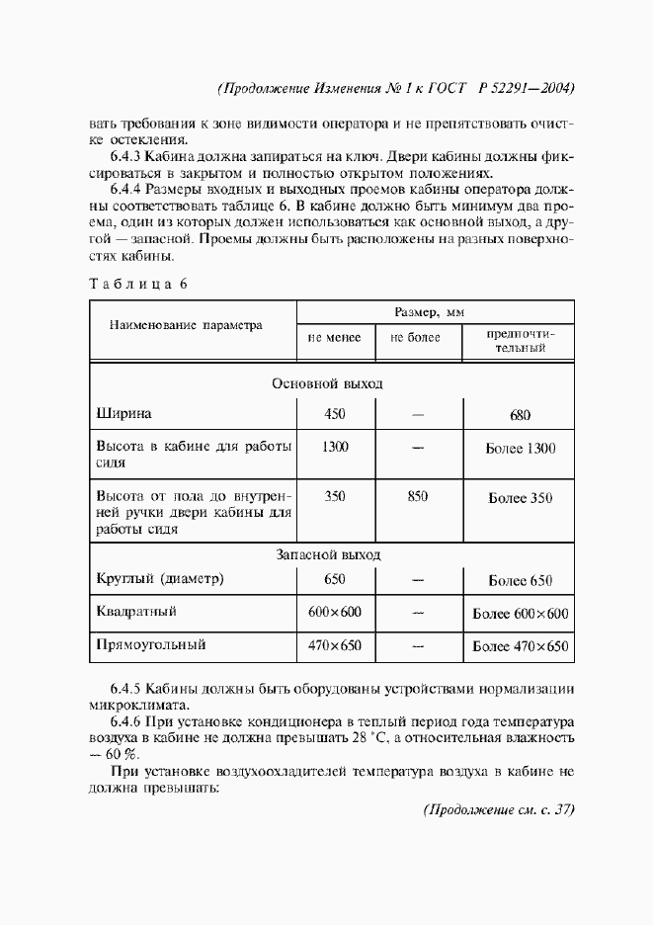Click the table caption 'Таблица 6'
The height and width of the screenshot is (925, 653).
coord(137,283)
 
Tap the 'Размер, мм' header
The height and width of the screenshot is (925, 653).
coord(430,312)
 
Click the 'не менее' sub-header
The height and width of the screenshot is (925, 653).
coord(335,338)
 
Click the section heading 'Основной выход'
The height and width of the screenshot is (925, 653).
coord(327,382)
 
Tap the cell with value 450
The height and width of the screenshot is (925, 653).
coord(335,414)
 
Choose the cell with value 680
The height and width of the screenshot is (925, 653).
coord(521,415)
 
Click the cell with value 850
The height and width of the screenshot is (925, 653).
coord(417,497)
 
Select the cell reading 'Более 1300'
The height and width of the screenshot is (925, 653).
coord(521,449)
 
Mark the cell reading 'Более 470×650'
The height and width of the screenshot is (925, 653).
coord(521,647)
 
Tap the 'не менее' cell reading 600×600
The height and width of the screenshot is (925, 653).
coord(335,613)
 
